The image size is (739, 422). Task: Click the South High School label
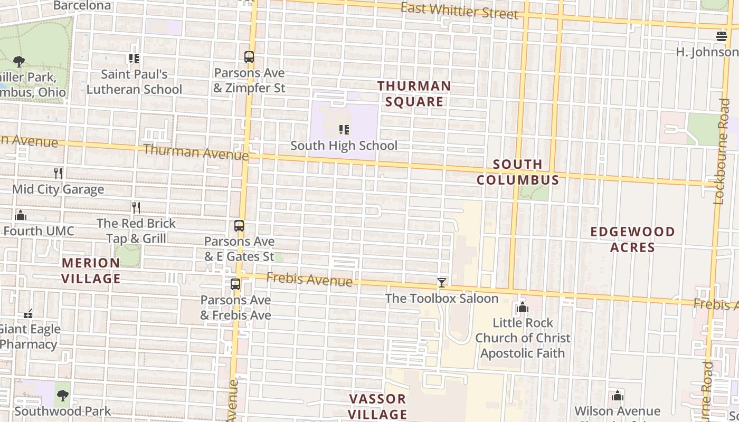[344, 146]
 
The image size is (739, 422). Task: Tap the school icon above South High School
[344, 129]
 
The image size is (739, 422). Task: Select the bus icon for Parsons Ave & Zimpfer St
[249, 57]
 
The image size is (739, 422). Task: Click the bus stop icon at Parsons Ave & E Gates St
[239, 226]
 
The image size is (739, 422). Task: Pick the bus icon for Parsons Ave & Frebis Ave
[235, 284]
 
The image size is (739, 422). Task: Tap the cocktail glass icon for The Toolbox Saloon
[442, 283]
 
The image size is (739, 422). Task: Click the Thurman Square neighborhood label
[414, 94]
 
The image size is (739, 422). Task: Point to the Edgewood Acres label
[632, 239]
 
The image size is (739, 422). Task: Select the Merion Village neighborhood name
[91, 270]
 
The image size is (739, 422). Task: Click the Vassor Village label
[378, 406]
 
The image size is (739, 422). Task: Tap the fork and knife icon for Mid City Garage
[58, 173]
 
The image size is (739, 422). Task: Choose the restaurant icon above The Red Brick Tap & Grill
[136, 207]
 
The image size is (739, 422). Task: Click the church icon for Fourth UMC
[21, 215]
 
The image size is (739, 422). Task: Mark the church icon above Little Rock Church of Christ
[523, 307]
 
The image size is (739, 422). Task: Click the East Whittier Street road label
[459, 11]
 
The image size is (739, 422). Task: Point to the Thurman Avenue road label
[195, 152]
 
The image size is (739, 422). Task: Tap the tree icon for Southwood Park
[63, 395]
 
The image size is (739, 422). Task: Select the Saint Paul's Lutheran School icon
[134, 59]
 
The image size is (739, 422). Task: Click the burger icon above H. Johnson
[722, 36]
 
